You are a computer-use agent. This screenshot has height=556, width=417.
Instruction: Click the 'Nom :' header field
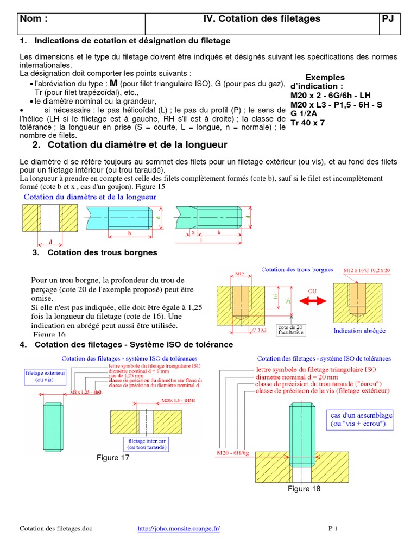point(34,20)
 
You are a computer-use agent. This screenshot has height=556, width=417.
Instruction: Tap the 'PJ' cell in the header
point(388,20)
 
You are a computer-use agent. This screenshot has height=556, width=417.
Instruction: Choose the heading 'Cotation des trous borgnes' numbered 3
point(102,252)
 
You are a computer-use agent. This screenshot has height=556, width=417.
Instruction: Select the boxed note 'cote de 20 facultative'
point(290,330)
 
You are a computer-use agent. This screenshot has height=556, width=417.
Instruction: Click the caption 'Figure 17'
point(113,458)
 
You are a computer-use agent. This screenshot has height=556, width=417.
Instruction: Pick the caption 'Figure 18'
point(304,489)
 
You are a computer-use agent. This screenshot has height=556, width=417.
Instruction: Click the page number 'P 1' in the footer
point(333,528)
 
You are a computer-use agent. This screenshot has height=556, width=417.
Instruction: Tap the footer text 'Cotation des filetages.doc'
point(56,528)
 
